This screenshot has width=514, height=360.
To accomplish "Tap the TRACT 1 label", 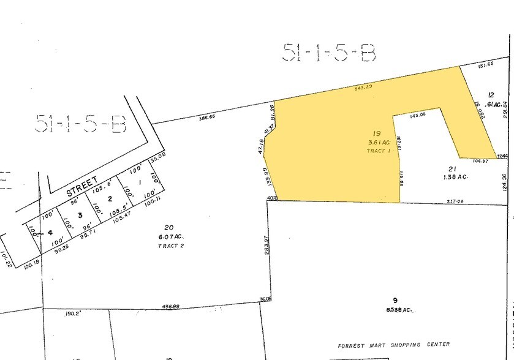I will pyautogui.click(x=378, y=151).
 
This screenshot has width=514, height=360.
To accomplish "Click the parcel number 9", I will pyautogui.click(x=396, y=300).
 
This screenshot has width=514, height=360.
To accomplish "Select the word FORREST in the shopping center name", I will pyautogui.click(x=351, y=345).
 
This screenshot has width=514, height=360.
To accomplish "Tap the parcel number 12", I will pyautogui.click(x=490, y=95).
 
